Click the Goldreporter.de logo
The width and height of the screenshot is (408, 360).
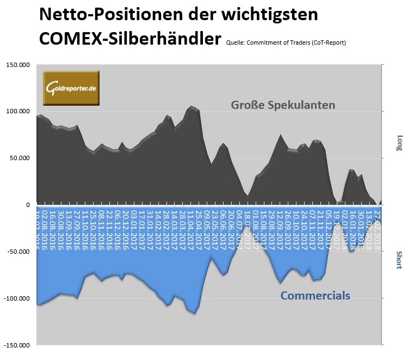[x=71, y=87]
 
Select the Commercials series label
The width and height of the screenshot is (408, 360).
[x=315, y=296]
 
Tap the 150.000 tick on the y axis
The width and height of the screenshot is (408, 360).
[x=19, y=65]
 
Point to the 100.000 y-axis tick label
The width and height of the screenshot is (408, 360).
[x=19, y=112]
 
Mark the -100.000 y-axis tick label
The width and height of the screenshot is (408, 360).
[x=18, y=299]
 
